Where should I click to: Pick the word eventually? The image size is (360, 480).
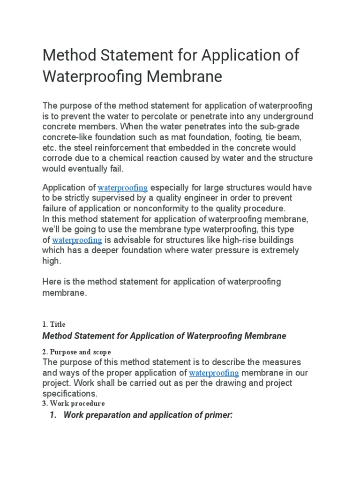tap(89, 168)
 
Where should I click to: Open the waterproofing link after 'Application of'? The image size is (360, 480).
tap(123, 188)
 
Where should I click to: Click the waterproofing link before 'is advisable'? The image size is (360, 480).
tap(77, 240)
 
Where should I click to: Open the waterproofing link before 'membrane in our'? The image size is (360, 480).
tap(214, 373)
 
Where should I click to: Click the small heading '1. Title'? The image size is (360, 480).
tap(54, 324)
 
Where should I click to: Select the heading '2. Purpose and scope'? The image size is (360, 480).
tap(77, 352)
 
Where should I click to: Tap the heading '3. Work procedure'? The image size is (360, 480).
tap(74, 403)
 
